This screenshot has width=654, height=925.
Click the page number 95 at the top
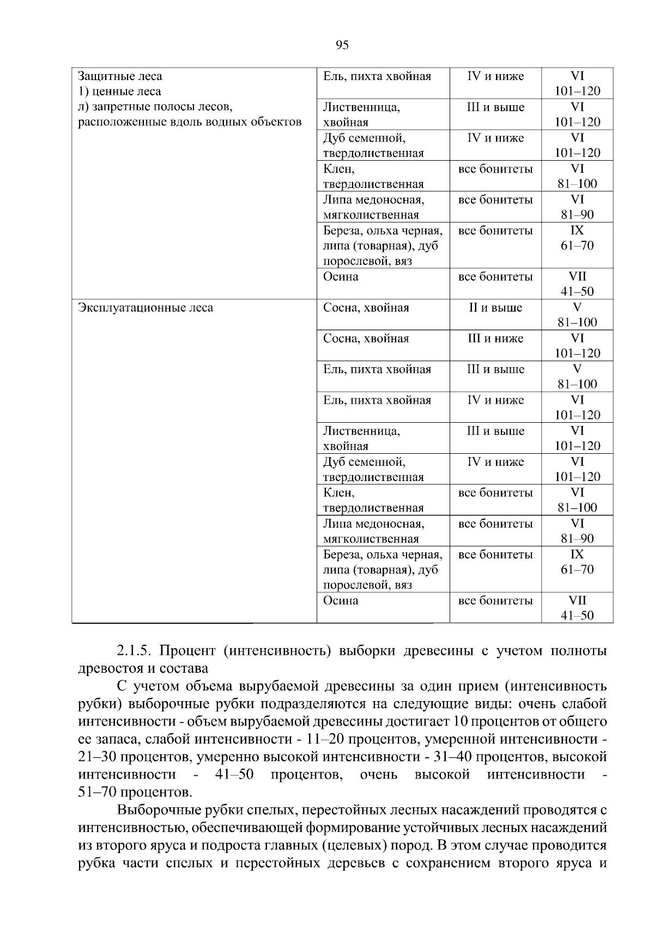[342, 45]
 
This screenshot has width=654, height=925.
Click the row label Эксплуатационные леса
[146, 308]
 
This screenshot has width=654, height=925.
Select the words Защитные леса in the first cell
[120, 76]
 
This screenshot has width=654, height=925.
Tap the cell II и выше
[495, 308]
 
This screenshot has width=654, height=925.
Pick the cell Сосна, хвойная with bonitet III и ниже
[366, 339]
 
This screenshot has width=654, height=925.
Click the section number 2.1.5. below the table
[135, 650]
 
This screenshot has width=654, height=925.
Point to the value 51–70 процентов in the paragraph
[135, 792]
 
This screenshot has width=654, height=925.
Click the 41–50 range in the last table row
[577, 616]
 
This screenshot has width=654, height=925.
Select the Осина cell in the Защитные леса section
[341, 277]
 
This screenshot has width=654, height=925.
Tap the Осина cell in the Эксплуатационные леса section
[341, 601]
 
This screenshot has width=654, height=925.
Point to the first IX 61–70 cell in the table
[577, 238]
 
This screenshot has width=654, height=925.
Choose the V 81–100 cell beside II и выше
[577, 315]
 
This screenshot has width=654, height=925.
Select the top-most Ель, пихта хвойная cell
[377, 76]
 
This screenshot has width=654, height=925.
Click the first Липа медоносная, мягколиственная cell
[373, 207]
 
